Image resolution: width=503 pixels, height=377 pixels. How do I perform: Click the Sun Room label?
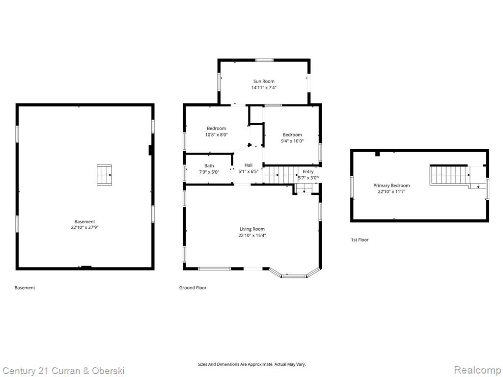[x=264, y=81]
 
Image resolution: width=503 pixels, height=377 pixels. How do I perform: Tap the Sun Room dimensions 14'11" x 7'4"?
[x=264, y=87]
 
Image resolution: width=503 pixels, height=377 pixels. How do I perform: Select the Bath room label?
[x=209, y=166]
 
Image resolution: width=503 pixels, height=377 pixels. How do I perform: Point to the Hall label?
[x=249, y=165]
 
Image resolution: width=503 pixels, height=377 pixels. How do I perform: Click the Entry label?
[x=308, y=171]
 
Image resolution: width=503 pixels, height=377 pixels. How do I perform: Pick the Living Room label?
[x=252, y=229]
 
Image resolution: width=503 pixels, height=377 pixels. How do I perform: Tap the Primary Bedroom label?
[x=391, y=185]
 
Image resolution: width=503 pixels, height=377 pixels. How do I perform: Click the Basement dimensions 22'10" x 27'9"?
[x=84, y=228]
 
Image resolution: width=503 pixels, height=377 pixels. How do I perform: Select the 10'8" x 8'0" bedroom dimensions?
[x=217, y=135]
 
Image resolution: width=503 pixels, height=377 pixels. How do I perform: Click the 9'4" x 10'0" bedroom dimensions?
[x=292, y=141]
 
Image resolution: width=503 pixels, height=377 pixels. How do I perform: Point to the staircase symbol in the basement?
[x=104, y=175]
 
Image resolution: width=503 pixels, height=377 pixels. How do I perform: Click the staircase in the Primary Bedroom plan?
[x=450, y=175]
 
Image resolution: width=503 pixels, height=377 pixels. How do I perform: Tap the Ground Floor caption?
[x=193, y=288]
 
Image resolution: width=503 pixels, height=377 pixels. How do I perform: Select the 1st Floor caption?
[x=360, y=240]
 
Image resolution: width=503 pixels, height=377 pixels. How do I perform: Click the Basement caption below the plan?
[x=25, y=288]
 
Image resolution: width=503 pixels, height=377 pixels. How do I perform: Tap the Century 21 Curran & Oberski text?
[x=63, y=371]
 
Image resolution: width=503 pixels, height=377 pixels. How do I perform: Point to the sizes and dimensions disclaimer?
[x=251, y=364]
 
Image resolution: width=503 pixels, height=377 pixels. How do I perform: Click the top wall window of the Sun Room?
[x=264, y=60]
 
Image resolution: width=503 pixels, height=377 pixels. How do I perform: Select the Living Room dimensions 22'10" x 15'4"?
[x=252, y=235]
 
